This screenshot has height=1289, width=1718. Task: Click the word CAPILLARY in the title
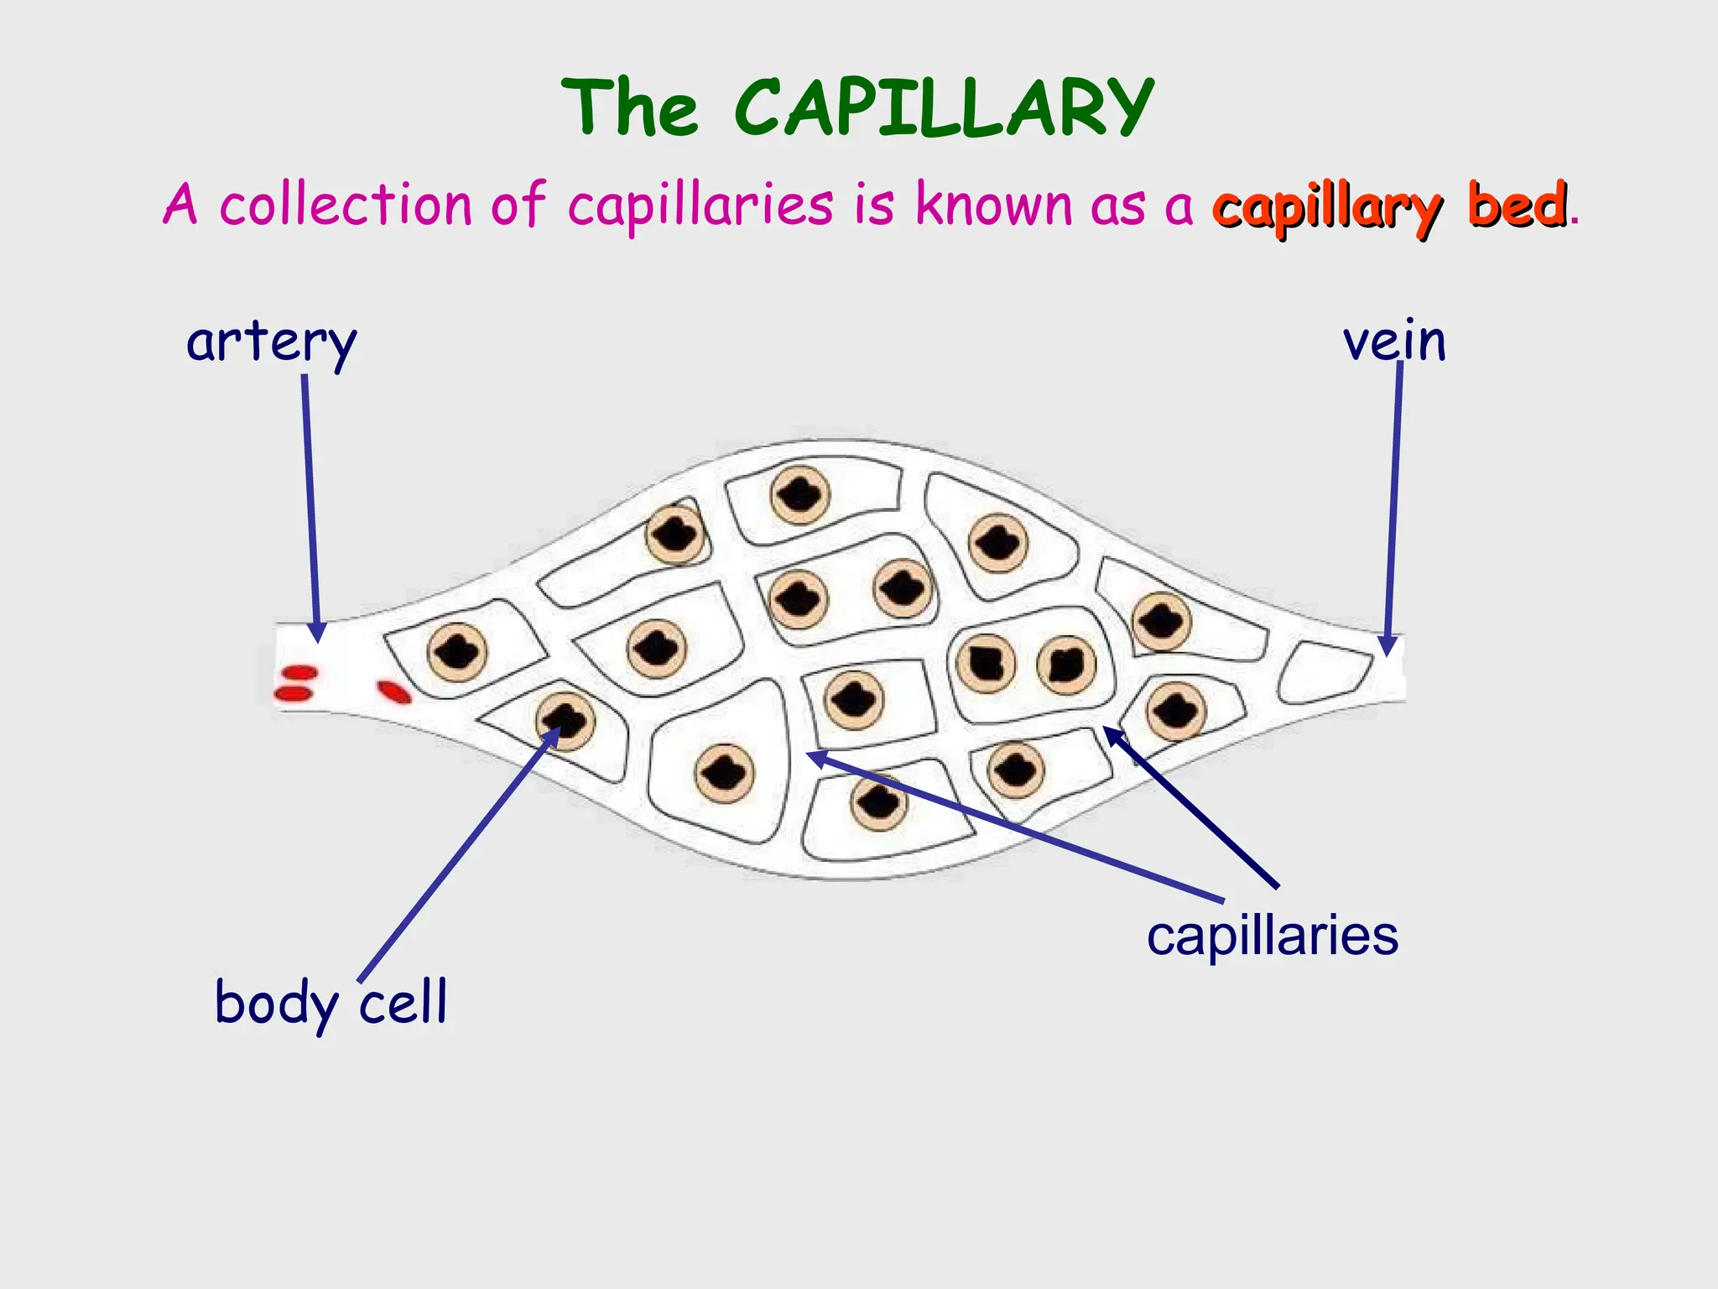click(944, 109)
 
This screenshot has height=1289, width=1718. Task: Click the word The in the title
click(629, 109)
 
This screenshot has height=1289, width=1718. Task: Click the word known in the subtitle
click(993, 204)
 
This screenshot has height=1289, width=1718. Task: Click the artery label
click(271, 342)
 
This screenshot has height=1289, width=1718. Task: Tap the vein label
click(1394, 342)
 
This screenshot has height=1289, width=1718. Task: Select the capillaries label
click(1272, 935)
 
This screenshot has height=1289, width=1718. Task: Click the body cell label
click(331, 1003)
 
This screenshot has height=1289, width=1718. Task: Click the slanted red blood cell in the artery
click(393, 691)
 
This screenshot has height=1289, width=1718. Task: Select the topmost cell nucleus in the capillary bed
click(799, 495)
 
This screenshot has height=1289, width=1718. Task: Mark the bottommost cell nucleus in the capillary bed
click(879, 802)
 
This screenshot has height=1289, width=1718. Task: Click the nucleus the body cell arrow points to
click(565, 721)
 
